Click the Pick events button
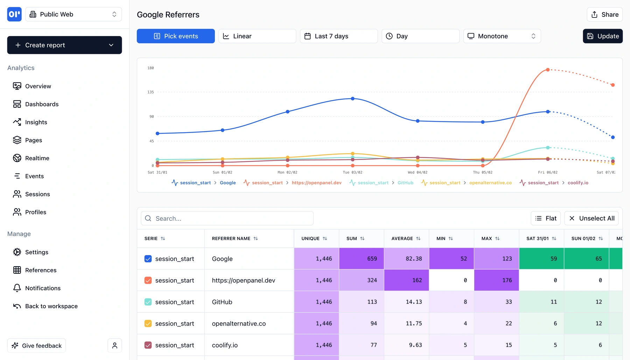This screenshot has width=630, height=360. (176, 36)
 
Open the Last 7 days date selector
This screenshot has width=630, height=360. (338, 36)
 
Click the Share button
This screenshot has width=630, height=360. (604, 14)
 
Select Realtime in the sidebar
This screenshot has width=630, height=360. (37, 158)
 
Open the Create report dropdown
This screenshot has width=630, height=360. (64, 45)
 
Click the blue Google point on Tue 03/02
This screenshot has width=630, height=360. (352, 99)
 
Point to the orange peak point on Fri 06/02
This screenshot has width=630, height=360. (548, 70)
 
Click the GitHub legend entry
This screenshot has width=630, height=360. (405, 183)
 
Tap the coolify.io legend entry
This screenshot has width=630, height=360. (577, 183)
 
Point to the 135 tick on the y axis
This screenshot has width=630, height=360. (150, 92)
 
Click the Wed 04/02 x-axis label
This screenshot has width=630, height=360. (417, 172)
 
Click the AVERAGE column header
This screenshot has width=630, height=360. (402, 239)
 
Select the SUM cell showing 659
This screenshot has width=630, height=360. (361, 259)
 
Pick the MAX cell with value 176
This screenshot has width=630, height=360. (496, 280)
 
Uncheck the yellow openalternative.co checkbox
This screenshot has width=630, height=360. (148, 324)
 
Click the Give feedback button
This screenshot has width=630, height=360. (37, 346)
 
